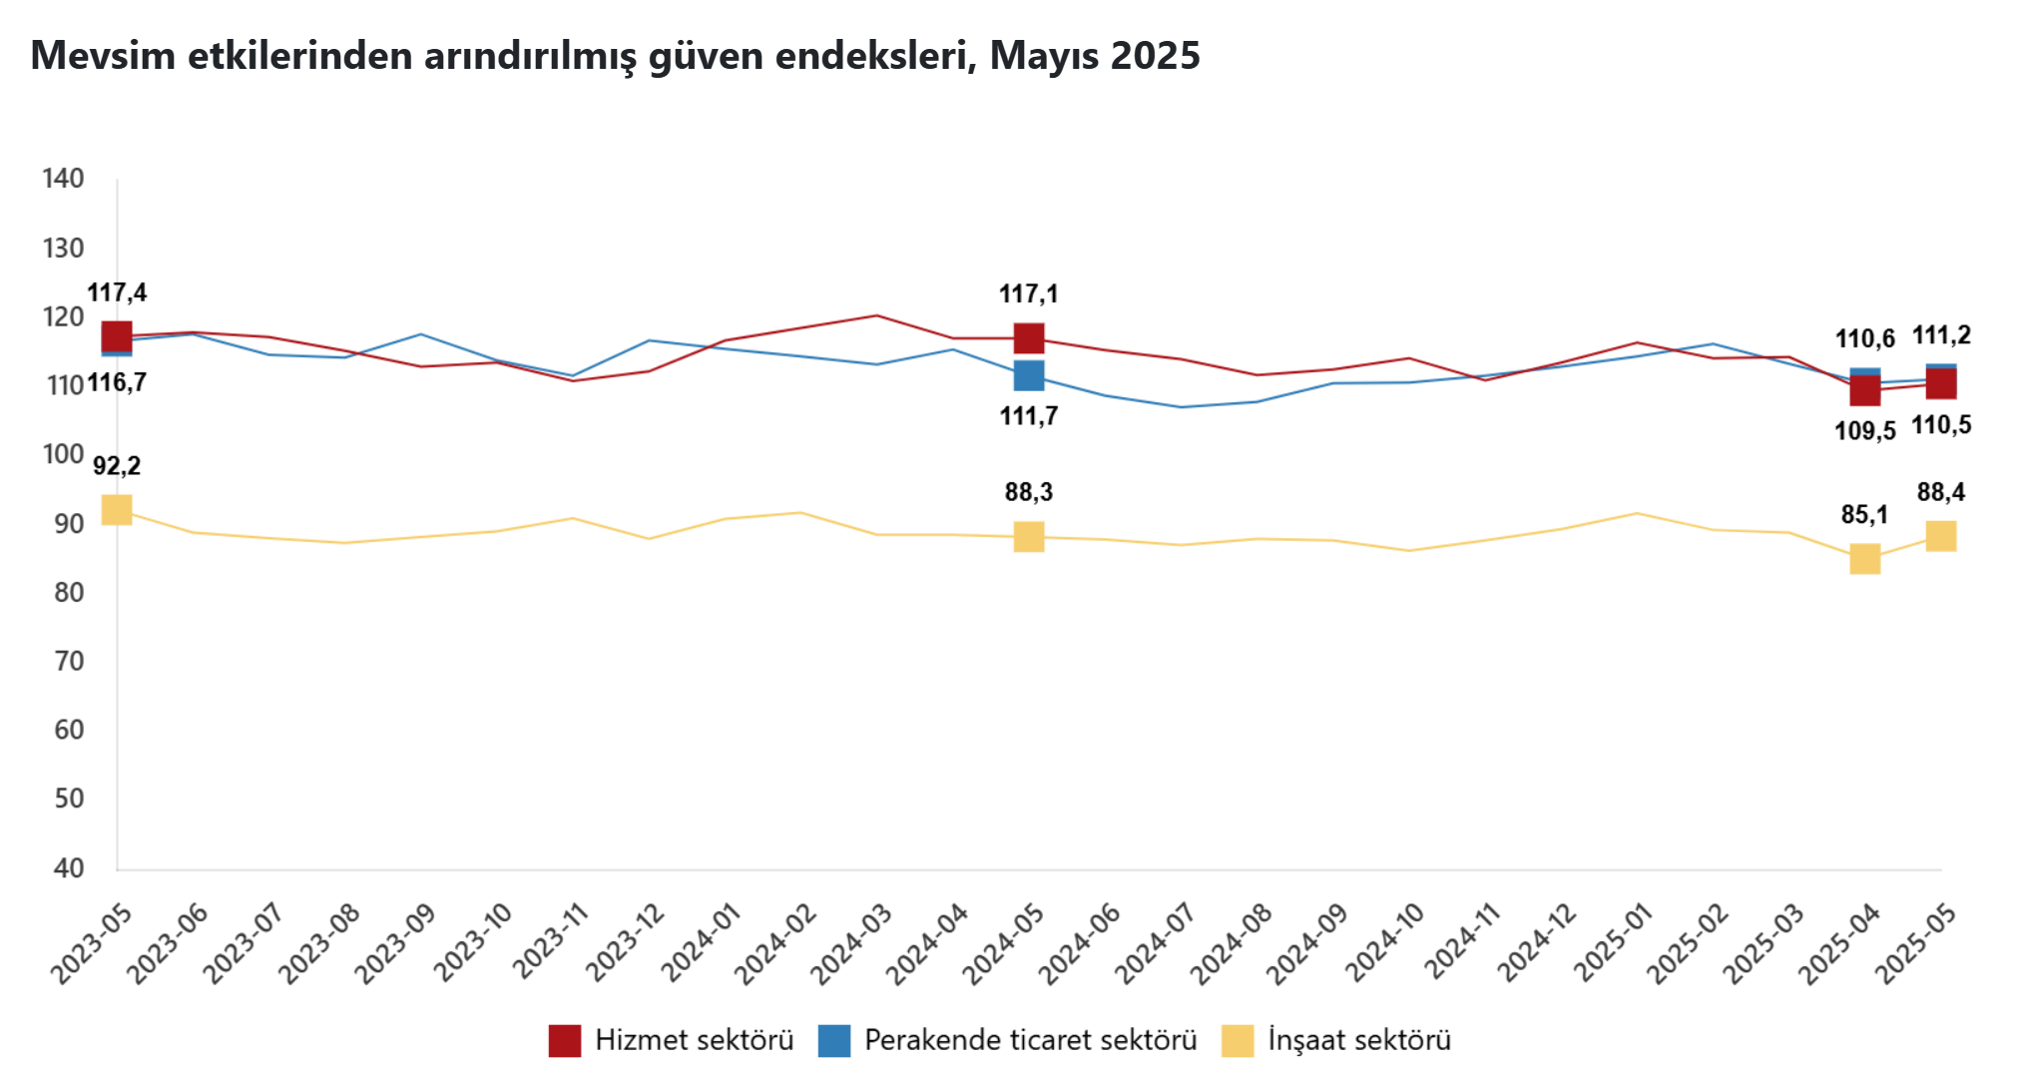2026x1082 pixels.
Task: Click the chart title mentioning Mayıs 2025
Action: (x=615, y=56)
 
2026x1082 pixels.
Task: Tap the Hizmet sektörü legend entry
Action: (x=672, y=1040)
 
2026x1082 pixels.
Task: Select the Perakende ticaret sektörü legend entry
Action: (x=1008, y=1040)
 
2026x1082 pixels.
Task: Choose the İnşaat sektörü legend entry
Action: (x=1337, y=1040)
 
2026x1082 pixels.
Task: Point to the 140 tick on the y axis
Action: (x=63, y=179)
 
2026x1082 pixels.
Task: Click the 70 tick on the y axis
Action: (x=69, y=661)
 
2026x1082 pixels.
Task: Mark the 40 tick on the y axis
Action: (x=69, y=867)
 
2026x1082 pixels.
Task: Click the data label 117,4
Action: (x=117, y=292)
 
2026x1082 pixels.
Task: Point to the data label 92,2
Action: (x=117, y=466)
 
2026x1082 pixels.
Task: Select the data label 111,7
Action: (x=1029, y=416)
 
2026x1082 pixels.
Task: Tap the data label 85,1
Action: (x=1864, y=515)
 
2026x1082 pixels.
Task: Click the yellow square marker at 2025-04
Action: (x=1864, y=559)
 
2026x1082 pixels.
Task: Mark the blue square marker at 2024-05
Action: (x=1029, y=376)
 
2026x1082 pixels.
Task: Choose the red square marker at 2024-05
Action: (x=1029, y=338)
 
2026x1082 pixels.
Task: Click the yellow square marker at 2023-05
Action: (x=117, y=510)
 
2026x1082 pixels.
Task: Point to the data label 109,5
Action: (x=1864, y=431)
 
